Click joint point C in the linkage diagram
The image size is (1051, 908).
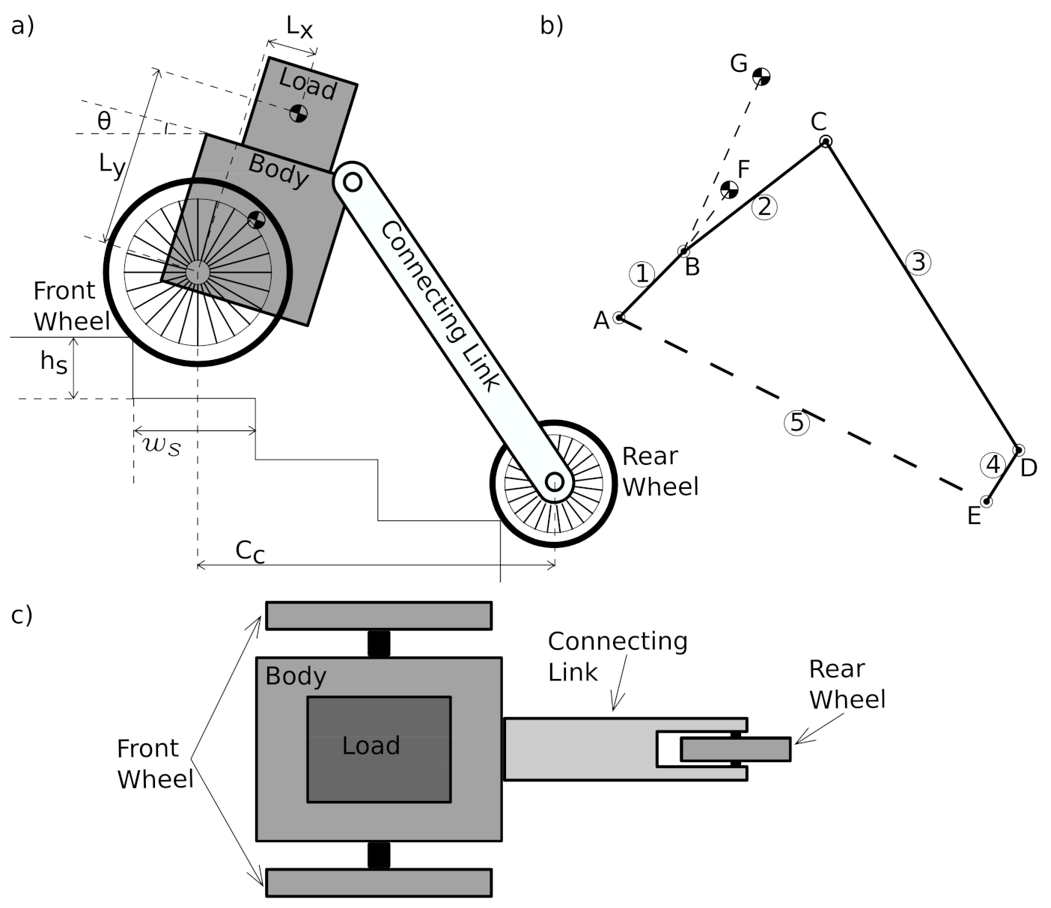click(825, 141)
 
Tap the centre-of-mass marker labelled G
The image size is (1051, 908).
click(761, 76)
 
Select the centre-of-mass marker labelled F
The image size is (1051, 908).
click(729, 189)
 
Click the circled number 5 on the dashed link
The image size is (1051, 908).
click(797, 423)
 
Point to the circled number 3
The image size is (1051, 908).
click(919, 262)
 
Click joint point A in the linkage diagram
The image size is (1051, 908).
click(619, 318)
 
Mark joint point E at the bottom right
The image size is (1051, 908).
click(987, 501)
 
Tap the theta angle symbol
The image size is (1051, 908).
click(104, 121)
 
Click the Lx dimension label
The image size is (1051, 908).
click(299, 28)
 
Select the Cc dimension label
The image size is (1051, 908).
click(250, 551)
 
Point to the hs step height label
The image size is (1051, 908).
click(53, 362)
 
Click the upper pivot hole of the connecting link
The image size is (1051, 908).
click(353, 181)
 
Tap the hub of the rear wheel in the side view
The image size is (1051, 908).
click(554, 481)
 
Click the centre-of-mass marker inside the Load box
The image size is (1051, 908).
click(299, 114)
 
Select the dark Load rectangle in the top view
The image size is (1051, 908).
click(379, 749)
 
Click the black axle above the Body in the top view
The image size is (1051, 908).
click(380, 644)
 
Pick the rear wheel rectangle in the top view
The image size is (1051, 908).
click(735, 749)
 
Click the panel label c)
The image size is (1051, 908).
click(22, 615)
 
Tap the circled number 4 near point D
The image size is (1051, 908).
click(993, 465)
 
